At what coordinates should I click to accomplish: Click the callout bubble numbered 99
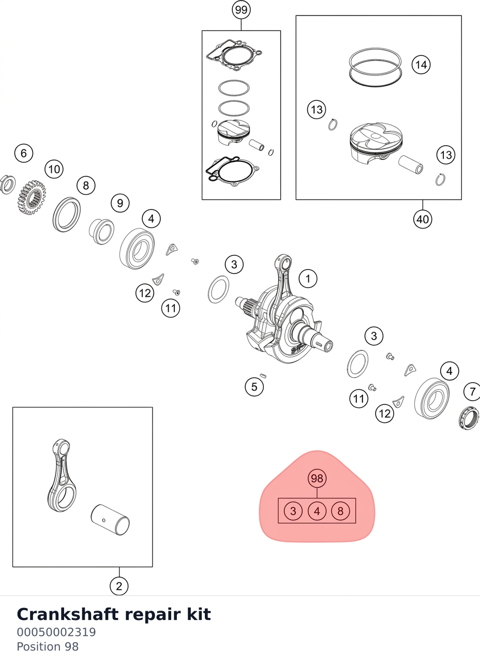click(241, 10)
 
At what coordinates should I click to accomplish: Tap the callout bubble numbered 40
click(423, 219)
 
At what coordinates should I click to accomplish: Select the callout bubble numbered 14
click(421, 65)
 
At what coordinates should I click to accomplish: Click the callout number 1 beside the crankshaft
click(308, 279)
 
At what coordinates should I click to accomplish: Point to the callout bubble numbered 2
click(119, 586)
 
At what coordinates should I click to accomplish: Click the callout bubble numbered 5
click(254, 387)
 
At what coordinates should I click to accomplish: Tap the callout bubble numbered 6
click(24, 154)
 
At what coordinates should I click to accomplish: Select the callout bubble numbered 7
click(473, 392)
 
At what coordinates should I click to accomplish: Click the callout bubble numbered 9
click(120, 203)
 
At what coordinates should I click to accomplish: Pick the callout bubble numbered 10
click(54, 169)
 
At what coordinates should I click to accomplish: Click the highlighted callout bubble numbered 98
click(317, 478)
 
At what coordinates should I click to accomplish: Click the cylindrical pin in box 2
click(110, 520)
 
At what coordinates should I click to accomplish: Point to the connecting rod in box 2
click(62, 476)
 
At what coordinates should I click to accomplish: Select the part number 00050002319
click(56, 632)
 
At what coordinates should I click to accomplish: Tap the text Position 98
click(48, 647)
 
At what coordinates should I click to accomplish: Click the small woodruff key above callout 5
click(263, 376)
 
